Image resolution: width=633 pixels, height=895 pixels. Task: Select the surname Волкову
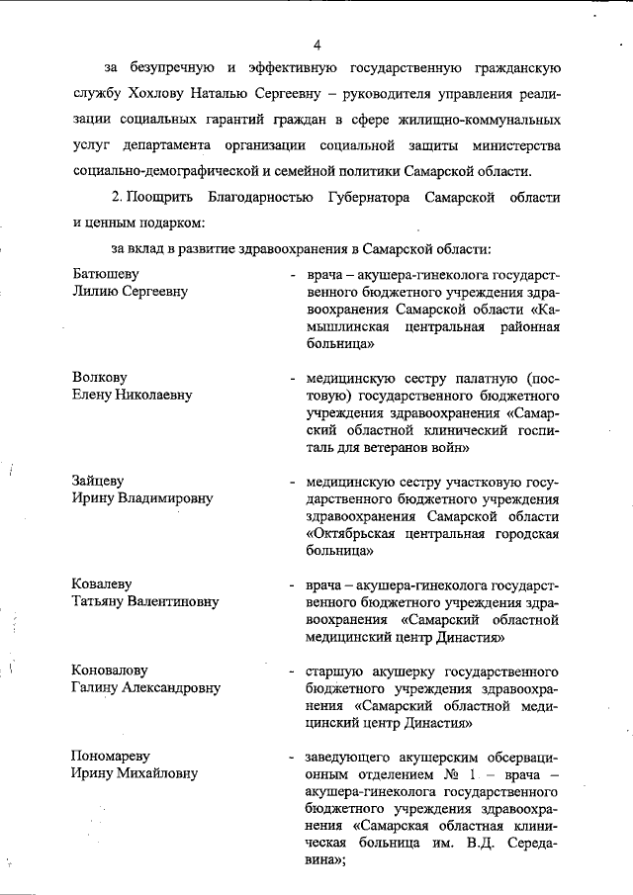click(x=100, y=377)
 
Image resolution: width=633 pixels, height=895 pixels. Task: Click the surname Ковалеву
click(x=102, y=583)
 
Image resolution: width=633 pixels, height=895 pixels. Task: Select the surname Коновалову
click(x=111, y=669)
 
